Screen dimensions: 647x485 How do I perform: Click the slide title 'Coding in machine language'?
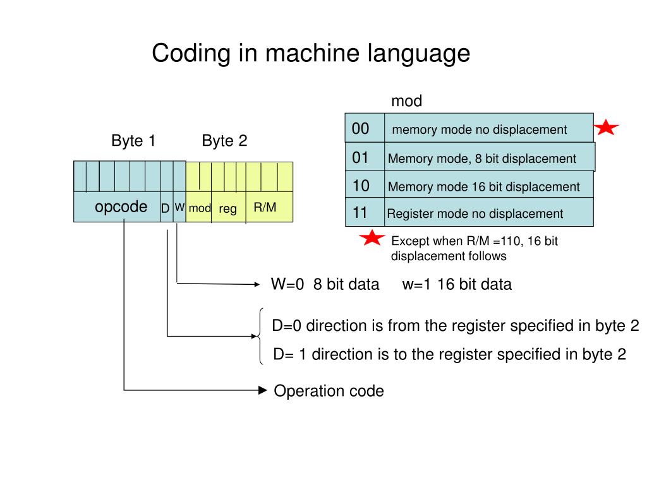click(x=311, y=54)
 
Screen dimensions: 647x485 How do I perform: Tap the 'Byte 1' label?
click(x=133, y=141)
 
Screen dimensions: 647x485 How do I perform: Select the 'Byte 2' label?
click(x=224, y=141)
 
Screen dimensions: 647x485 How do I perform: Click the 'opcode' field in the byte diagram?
click(x=117, y=207)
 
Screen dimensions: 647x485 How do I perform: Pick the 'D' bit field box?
click(x=167, y=207)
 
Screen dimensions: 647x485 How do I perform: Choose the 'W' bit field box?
click(x=179, y=207)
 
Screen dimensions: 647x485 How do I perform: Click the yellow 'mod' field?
click(x=199, y=207)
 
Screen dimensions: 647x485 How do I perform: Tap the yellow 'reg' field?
click(x=229, y=207)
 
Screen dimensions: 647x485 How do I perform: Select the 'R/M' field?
click(x=269, y=207)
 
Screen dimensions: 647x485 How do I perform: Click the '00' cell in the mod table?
click(x=365, y=128)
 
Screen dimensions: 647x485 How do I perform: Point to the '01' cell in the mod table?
click(x=365, y=157)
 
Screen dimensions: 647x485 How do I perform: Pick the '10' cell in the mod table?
click(x=365, y=185)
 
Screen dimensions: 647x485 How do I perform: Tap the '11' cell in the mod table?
click(x=365, y=212)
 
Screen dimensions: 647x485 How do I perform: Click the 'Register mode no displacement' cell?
click(x=489, y=212)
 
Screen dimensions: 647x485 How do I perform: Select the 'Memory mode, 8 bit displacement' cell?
click(x=490, y=157)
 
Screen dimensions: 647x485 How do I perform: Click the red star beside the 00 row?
click(x=606, y=128)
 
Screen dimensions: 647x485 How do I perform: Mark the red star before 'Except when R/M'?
click(x=372, y=237)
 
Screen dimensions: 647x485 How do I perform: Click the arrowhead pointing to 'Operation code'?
click(x=262, y=390)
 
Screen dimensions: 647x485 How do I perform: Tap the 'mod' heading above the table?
click(x=406, y=101)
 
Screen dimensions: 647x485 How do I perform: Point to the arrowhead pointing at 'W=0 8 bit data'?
click(x=257, y=284)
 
